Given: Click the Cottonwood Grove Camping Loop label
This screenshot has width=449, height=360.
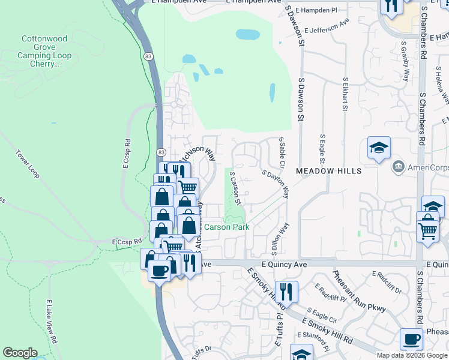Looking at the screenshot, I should coord(46,51).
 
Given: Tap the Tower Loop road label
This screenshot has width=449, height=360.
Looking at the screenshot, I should coord(28,164).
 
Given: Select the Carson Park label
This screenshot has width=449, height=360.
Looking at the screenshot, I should coord(227,227).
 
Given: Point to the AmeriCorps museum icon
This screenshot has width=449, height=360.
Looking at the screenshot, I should coord(397,166).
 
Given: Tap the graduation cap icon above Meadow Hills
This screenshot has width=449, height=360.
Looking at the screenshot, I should coord(379,149).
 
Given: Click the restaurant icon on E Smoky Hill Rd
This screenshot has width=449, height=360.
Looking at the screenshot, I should coord(286,292).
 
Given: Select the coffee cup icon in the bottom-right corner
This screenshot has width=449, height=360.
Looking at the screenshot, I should coord(412,340).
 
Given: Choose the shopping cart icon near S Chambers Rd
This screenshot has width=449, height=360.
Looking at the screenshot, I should coord(428,229).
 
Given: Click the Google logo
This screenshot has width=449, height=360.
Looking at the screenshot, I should coord(20,353).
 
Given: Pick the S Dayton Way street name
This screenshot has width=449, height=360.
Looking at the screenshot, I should coord(276,184).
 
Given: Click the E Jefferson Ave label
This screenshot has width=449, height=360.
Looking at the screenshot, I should coord(327,26).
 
